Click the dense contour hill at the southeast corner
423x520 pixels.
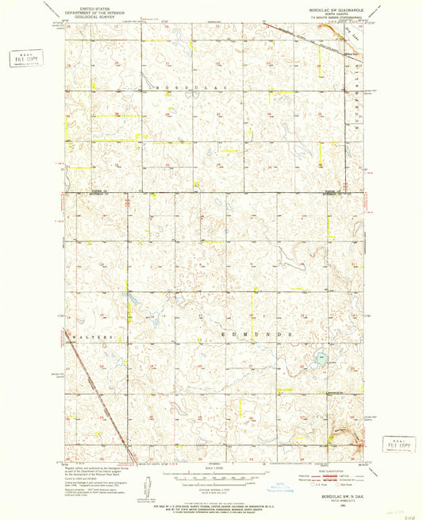pos(348,433)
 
